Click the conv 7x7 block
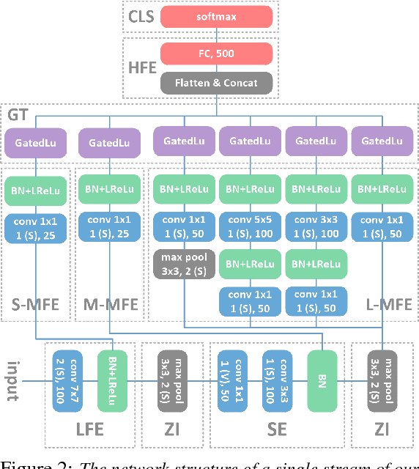(70, 380)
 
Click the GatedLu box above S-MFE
(35, 141)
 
